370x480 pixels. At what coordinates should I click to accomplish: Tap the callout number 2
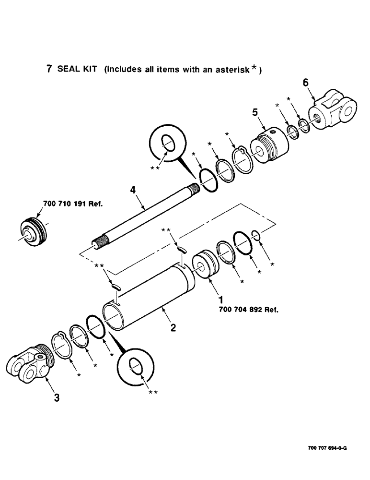coord(173,328)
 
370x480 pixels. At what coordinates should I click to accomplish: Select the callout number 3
coord(57,398)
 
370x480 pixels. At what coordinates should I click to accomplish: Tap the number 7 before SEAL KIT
coord(49,69)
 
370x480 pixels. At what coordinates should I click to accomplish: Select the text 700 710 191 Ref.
coord(74,204)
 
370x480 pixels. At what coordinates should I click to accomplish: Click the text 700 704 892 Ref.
coord(249,310)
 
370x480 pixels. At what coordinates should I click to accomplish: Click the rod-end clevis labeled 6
coord(334,112)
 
